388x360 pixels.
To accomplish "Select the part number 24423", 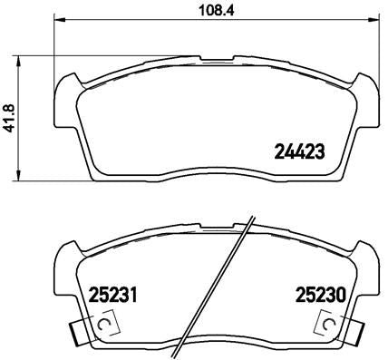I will (x=299, y=151).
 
